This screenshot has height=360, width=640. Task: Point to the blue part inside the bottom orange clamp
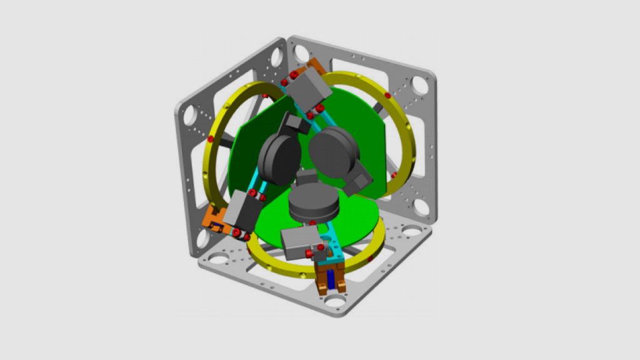(x=331, y=281)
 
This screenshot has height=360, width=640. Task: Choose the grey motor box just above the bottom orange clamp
(x=298, y=242)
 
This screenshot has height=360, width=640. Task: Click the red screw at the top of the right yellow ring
(x=387, y=96)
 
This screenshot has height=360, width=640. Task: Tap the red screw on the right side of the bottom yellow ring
(x=371, y=257)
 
